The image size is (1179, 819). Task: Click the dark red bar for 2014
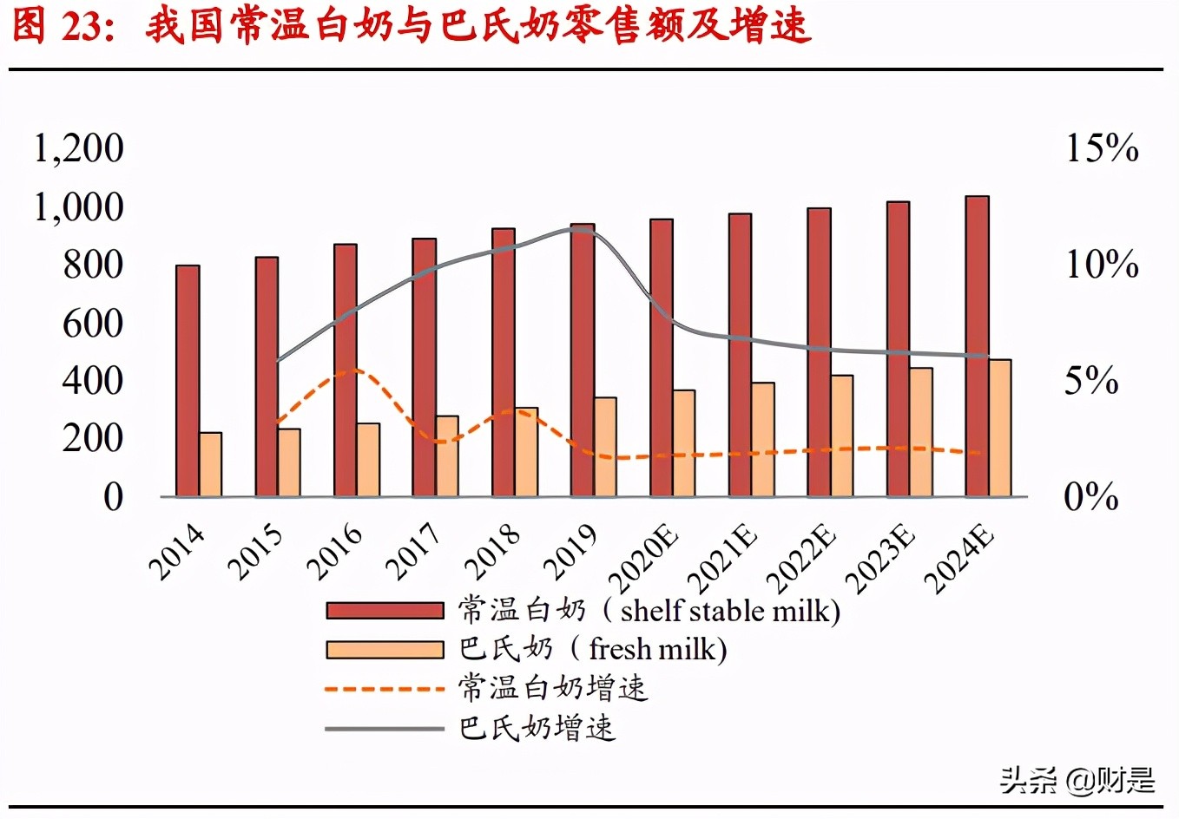coord(188,381)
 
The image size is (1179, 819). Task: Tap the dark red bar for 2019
coord(583,360)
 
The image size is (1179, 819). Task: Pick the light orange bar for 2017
coord(447,456)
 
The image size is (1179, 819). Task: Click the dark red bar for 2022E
coord(819,352)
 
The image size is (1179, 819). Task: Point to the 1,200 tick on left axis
coord(78,148)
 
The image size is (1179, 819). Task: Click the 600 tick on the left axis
coord(92,323)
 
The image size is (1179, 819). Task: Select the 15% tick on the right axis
coord(1101,148)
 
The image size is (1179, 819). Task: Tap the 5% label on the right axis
coord(1090,381)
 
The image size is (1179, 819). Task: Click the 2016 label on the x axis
coord(335,551)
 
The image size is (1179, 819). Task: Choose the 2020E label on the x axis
coord(644,560)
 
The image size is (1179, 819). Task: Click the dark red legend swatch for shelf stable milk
coord(385,611)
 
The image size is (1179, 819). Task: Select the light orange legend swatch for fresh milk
coord(385,650)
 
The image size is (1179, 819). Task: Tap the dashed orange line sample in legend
coord(385,689)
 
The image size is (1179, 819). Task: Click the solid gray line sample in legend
coord(385,728)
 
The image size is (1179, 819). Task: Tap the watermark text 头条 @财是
coord(1077,780)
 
